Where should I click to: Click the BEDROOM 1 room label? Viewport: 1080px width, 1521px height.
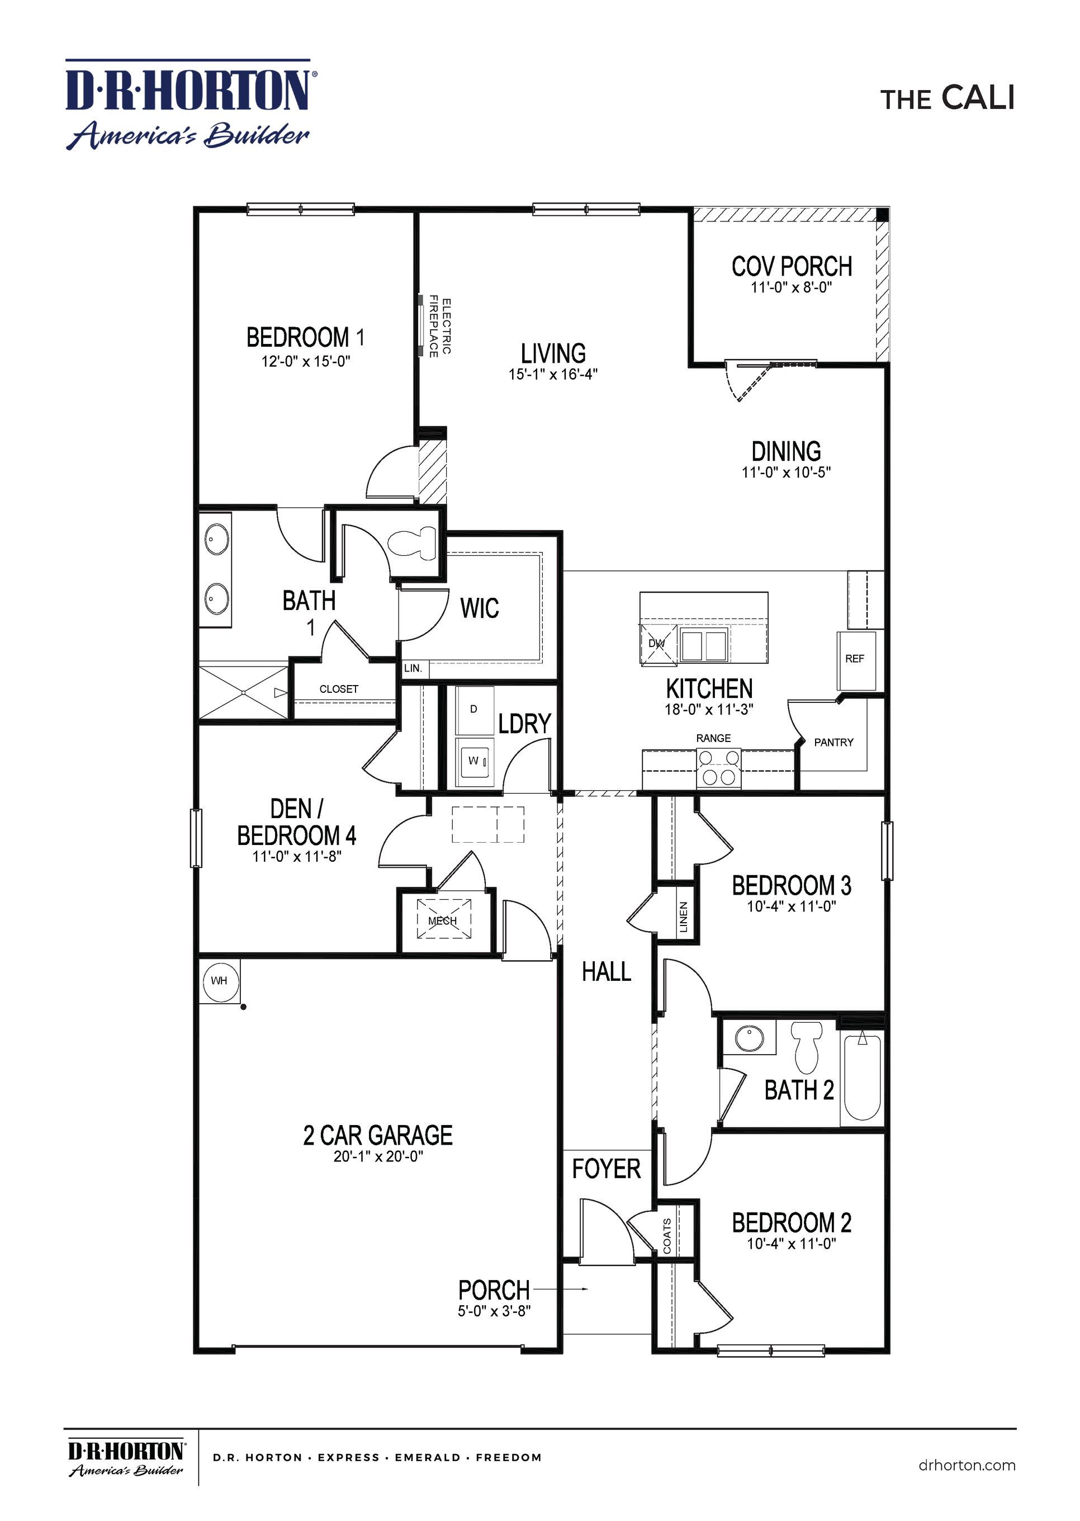tap(305, 337)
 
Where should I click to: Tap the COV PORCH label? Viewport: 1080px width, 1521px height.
tap(792, 267)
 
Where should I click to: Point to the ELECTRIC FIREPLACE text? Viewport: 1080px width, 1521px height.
tap(439, 327)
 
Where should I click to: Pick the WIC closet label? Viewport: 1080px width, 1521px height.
tap(480, 608)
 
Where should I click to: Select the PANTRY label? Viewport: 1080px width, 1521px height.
tap(833, 742)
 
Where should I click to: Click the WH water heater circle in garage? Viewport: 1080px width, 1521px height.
tap(220, 980)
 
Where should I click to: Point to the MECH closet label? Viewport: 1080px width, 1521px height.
tap(443, 921)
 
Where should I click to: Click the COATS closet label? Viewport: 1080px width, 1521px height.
tap(667, 1236)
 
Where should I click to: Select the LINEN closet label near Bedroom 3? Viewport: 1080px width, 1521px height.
tap(683, 917)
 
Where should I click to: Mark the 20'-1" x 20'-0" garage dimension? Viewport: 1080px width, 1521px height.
tap(378, 1156)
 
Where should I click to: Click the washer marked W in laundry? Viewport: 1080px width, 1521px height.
tap(474, 761)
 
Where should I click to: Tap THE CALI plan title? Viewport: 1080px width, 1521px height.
tap(947, 98)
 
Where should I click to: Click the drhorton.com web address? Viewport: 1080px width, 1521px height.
tap(967, 1465)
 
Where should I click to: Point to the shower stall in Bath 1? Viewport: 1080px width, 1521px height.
tap(244, 692)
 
